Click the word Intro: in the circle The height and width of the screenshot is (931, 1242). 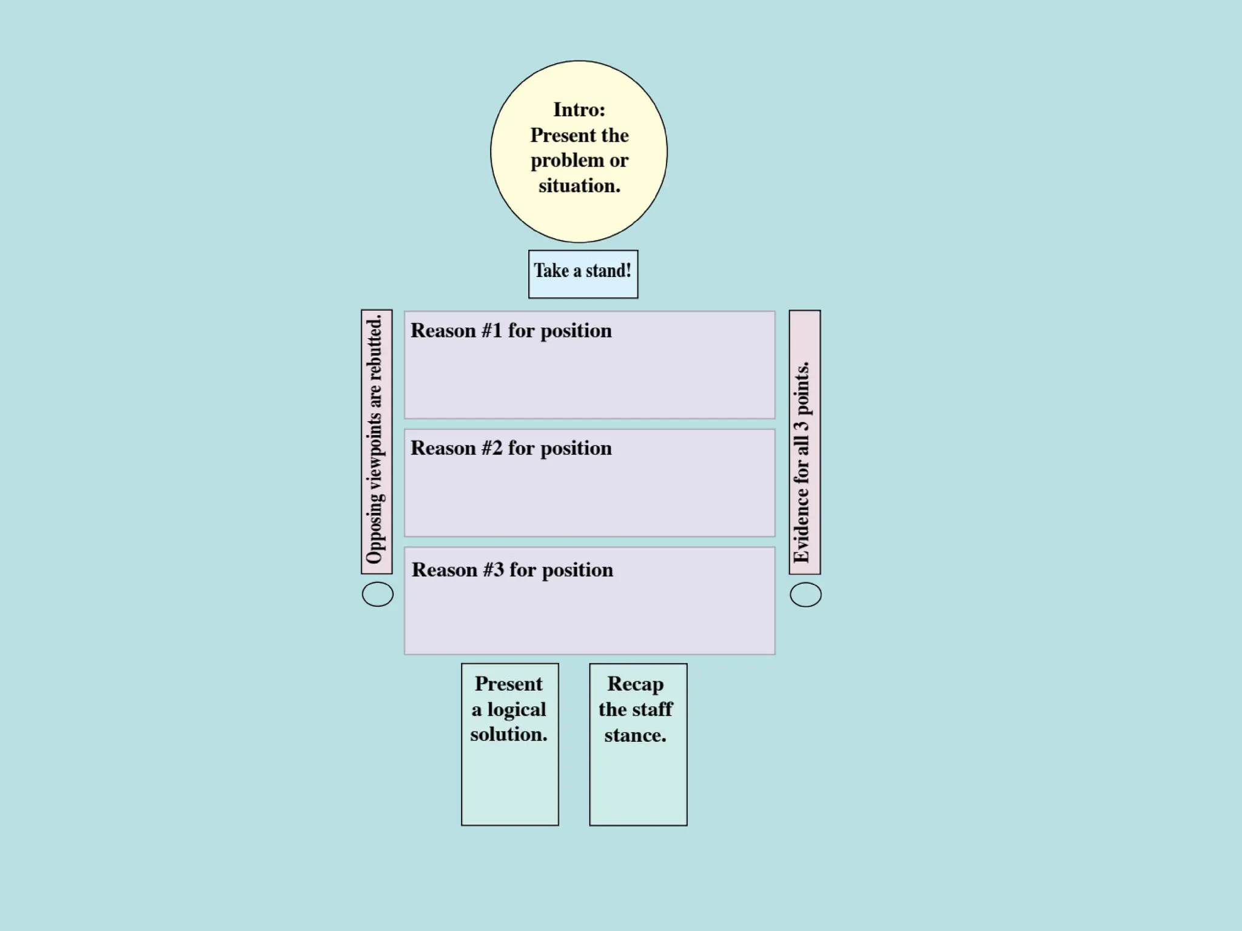(579, 110)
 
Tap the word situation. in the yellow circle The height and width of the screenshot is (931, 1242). (579, 185)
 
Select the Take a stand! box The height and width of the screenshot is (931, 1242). (583, 274)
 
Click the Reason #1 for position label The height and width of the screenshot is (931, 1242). (511, 330)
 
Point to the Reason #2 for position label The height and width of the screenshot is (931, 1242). (511, 448)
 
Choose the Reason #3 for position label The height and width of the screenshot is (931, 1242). (512, 570)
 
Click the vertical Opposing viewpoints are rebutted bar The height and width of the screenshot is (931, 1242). (376, 441)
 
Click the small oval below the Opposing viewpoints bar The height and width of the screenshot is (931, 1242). (377, 594)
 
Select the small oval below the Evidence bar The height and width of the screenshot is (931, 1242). (805, 595)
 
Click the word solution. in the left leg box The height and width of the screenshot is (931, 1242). (509, 734)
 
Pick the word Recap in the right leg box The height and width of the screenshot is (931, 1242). (636, 684)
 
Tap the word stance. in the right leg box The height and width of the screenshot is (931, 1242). (635, 735)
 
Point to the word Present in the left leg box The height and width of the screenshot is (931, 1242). (508, 684)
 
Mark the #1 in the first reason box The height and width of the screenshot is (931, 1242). (492, 330)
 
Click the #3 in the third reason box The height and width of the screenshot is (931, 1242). (493, 570)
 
